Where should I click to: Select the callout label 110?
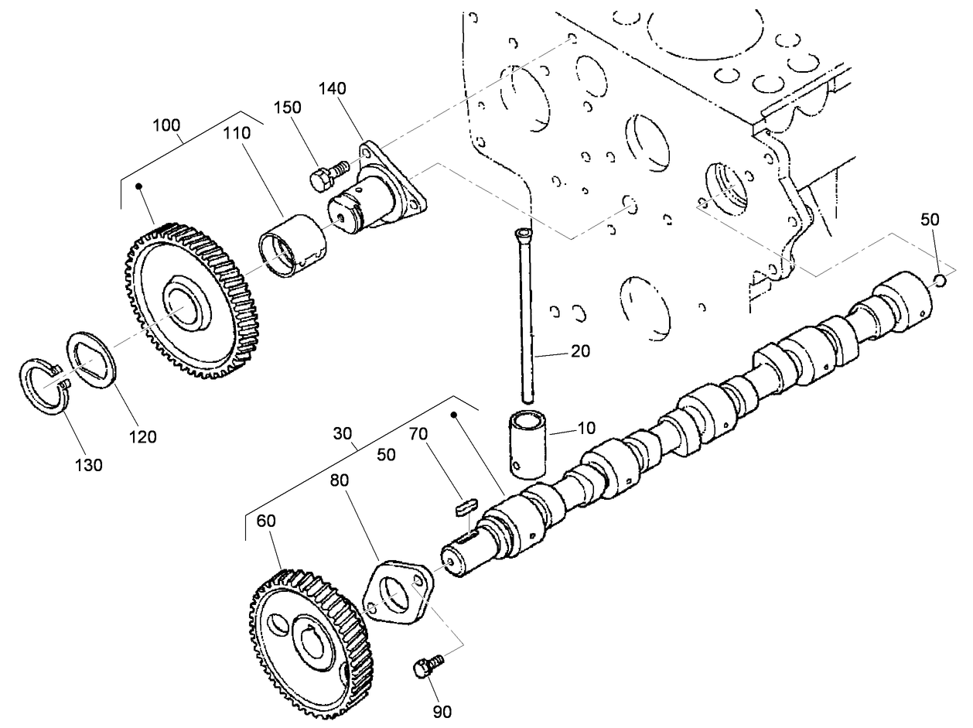pyautogui.click(x=237, y=133)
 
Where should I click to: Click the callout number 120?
pyautogui.click(x=143, y=436)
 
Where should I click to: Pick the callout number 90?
pyautogui.click(x=442, y=711)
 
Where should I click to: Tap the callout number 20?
pyautogui.click(x=580, y=351)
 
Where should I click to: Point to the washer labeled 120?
pyautogui.click(x=92, y=360)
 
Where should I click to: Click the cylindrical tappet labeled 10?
pyautogui.click(x=527, y=445)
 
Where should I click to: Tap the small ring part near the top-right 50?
pyautogui.click(x=939, y=280)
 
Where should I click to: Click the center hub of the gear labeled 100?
pyautogui.click(x=186, y=302)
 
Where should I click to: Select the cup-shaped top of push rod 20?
pyautogui.click(x=524, y=231)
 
